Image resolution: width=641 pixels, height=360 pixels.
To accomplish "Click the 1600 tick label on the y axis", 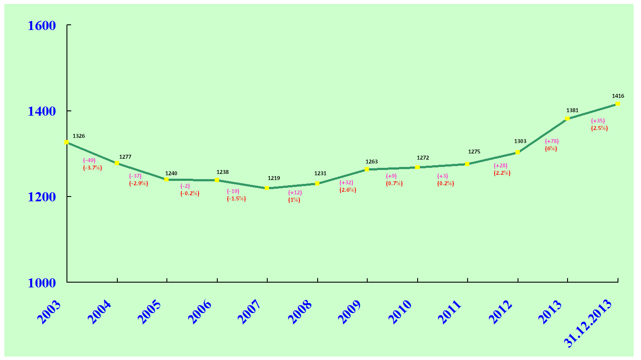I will click(x=42, y=26).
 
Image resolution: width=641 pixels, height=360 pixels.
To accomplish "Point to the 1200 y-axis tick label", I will click(x=42, y=197).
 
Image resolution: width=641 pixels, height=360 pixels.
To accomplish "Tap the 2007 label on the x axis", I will click(x=249, y=312).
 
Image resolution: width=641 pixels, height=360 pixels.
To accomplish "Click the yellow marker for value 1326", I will click(x=66, y=142).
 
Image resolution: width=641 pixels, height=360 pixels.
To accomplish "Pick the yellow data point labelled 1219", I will click(x=267, y=188).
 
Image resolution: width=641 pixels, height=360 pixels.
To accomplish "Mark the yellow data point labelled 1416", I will click(x=618, y=103).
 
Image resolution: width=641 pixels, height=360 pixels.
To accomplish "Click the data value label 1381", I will click(x=572, y=110).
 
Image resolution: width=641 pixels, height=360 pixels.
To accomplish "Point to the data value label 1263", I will click(x=372, y=162).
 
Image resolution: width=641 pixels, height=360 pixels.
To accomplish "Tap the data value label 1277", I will click(x=125, y=157).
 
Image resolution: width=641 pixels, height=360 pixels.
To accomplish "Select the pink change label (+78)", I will click(x=551, y=141).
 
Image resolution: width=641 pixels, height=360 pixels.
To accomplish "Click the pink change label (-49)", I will click(x=89, y=160).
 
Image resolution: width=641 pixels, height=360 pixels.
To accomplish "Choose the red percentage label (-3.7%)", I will click(x=93, y=168).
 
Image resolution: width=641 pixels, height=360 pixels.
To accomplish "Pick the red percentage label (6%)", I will click(x=551, y=149).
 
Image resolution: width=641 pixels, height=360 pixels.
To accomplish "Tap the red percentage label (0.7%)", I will click(x=394, y=183).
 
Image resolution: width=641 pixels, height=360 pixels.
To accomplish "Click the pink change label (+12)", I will click(x=295, y=193).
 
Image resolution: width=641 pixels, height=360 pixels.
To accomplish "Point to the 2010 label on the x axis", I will click(x=399, y=312).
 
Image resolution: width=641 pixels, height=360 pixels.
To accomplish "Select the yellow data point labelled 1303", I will click(x=517, y=152).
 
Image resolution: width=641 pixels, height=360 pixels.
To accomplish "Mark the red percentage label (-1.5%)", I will click(x=236, y=199).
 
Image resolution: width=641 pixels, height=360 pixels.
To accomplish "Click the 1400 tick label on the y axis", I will click(x=42, y=111).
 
